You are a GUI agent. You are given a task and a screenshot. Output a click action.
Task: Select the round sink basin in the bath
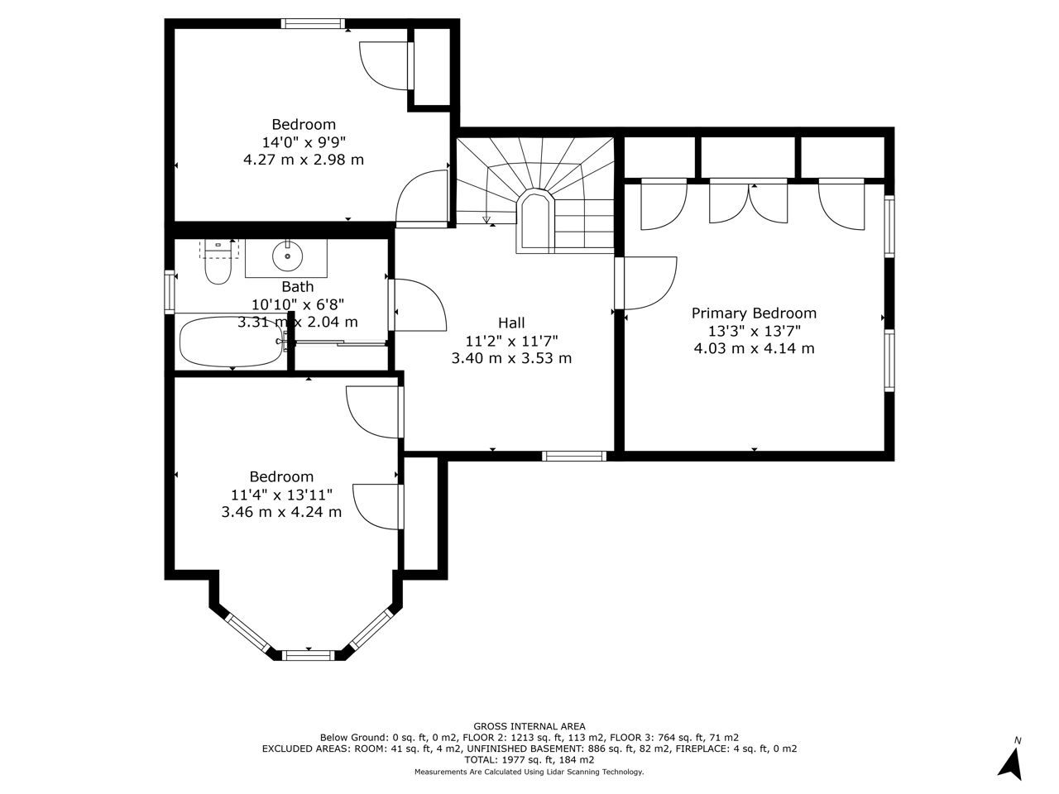pyautogui.click(x=288, y=256)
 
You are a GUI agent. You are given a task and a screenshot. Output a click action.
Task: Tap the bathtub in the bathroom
pyautogui.click(x=231, y=342)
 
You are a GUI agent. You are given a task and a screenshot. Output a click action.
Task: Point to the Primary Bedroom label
pyautogui.click(x=754, y=313)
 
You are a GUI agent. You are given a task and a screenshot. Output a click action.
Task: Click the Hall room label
pyautogui.click(x=511, y=323)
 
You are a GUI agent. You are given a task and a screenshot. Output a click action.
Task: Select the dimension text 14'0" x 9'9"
pyautogui.click(x=304, y=142)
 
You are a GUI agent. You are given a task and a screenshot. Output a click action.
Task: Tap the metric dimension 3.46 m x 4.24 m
pyautogui.click(x=282, y=511)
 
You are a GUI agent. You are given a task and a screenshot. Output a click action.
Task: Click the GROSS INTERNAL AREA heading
pyautogui.click(x=529, y=726)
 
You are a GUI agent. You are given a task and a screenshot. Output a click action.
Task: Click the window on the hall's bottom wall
pyautogui.click(x=574, y=456)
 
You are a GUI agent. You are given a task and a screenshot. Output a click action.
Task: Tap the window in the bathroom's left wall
pyautogui.click(x=170, y=292)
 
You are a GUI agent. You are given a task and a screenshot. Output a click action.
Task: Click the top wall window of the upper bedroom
pyautogui.click(x=313, y=23)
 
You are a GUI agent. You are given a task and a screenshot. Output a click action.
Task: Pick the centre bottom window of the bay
pyautogui.click(x=308, y=655)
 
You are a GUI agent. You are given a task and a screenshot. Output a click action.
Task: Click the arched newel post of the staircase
pyautogui.click(x=535, y=221)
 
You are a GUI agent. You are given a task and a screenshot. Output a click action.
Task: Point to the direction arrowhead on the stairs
pyautogui.click(x=486, y=220)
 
